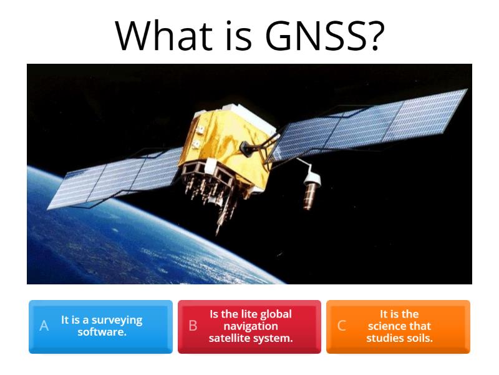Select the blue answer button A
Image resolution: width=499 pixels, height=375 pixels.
click(x=100, y=326)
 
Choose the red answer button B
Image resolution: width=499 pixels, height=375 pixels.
click(x=249, y=326)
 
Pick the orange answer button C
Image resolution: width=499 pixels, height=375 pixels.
click(x=398, y=326)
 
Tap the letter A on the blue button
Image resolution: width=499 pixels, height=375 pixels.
click(x=44, y=326)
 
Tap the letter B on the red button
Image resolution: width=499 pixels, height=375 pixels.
click(x=193, y=326)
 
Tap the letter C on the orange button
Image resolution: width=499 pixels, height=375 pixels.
click(x=342, y=326)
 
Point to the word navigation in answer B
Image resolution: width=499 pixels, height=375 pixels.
click(x=251, y=326)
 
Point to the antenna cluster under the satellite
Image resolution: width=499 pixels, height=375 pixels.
click(x=209, y=187)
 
